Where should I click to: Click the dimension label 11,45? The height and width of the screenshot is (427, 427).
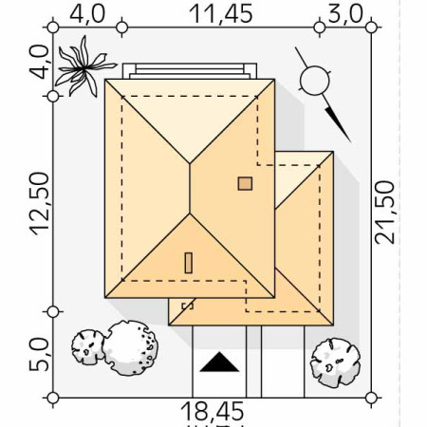coord(221,14)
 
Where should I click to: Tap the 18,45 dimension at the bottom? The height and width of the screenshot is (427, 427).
coord(213,411)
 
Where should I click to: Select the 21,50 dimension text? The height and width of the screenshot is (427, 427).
coord(385,213)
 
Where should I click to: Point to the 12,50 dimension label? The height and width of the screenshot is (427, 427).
coord(40,204)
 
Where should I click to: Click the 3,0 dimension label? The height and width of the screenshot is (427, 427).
coord(344,14)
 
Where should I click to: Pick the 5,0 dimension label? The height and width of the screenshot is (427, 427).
coord(40,354)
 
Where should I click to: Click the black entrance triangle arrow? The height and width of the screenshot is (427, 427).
coord(219,363)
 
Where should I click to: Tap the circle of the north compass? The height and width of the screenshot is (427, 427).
coord(315,81)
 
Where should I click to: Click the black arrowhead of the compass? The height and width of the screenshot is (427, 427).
coord(338,125)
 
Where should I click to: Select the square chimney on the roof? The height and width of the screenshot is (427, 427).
coord(245,183)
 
